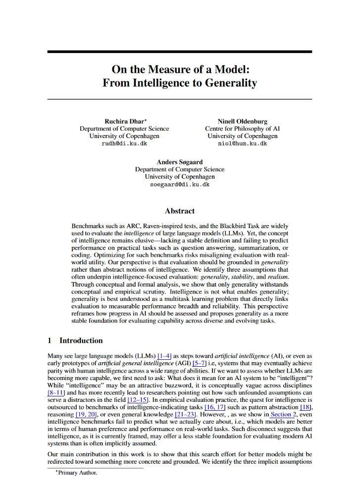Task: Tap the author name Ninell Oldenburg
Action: [x=242, y=121]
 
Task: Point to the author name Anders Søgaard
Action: [x=179, y=162]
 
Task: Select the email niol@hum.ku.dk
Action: [x=242, y=144]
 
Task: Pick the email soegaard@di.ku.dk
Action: [x=179, y=184]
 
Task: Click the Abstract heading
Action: [x=179, y=211]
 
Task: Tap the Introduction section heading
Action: [x=81, y=340]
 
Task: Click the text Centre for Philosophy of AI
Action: [x=242, y=129]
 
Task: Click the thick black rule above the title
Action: [x=179, y=51]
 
